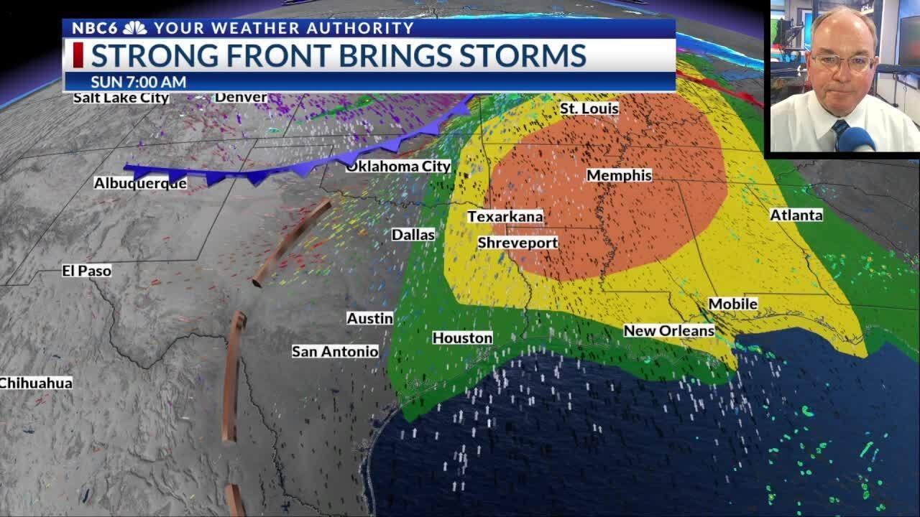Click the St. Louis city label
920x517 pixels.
589,108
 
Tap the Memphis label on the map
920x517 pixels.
619,175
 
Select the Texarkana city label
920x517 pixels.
505,216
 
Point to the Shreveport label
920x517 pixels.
517,243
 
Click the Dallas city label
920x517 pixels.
413,234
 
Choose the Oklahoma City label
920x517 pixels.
398,166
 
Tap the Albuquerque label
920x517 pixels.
140,183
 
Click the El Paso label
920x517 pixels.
86,271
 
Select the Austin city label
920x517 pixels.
369,317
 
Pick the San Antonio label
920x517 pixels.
335,351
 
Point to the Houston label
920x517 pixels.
462,337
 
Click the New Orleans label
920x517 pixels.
668,330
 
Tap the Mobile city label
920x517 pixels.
732,304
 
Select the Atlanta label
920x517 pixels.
796,215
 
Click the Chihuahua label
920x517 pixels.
35,383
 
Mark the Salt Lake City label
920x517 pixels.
121,98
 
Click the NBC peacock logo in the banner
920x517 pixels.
134,28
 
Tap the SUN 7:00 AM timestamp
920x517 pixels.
138,82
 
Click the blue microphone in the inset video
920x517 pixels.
855,139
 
